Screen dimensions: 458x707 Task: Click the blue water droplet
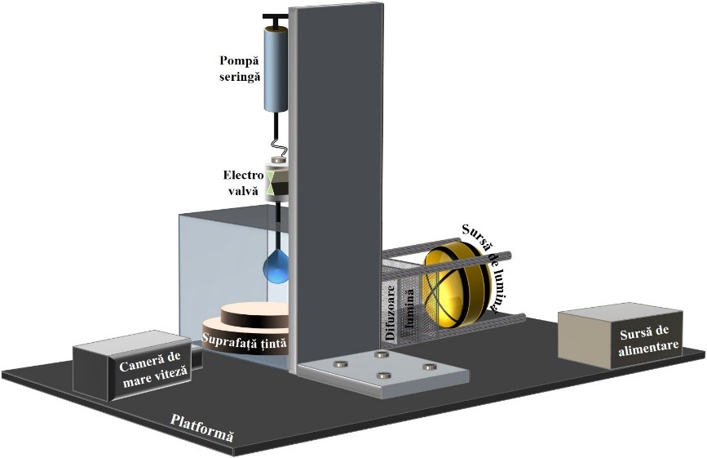pos(278,267)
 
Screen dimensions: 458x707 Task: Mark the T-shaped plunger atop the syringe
pos(276,18)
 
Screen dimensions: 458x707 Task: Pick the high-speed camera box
pos(130,367)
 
